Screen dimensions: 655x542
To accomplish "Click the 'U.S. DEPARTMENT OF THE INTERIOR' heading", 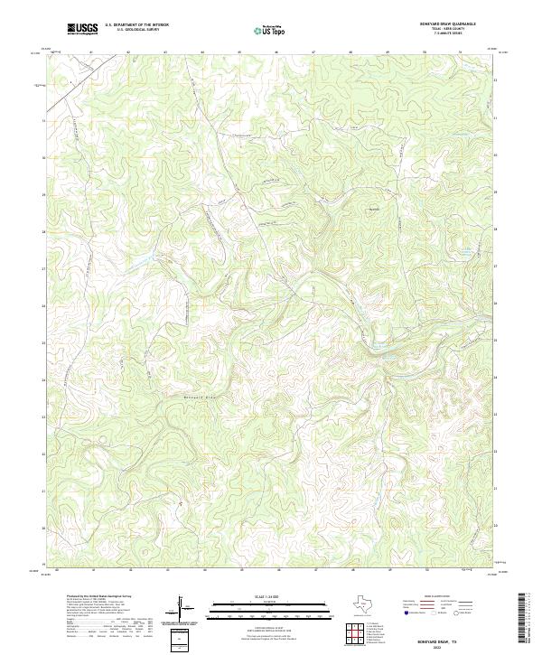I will pos(136,25).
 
